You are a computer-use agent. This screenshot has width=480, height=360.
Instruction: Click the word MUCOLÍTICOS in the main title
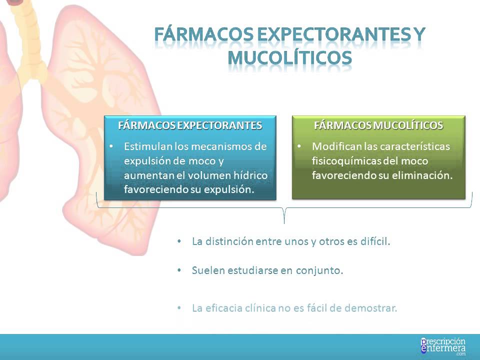click(x=289, y=57)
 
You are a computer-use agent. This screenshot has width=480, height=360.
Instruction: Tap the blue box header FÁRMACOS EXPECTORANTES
click(x=190, y=125)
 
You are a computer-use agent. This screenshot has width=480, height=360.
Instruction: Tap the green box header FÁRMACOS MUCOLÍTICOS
click(x=378, y=125)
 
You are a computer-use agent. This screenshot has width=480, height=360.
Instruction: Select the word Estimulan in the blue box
click(x=147, y=147)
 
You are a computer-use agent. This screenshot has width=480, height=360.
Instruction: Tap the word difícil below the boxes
click(x=373, y=241)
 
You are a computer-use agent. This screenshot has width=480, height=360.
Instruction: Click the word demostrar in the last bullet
click(x=372, y=307)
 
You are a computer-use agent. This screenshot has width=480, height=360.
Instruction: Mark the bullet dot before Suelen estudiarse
click(x=179, y=270)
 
